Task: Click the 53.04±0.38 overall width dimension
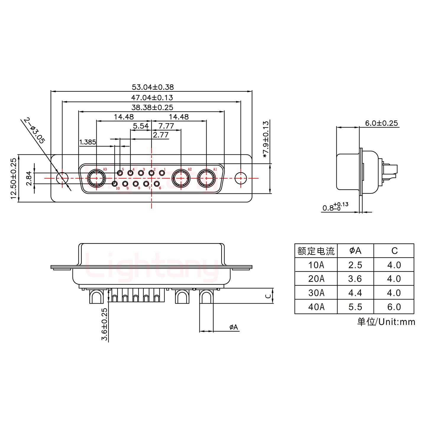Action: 153,87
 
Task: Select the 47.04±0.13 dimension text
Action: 152,98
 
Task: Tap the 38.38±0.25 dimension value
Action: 152,107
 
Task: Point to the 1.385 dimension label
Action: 88,142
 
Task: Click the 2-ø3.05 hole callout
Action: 34,130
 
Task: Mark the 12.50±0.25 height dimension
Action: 14,178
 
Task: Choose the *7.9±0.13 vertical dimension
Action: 266,139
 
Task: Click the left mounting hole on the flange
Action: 62,178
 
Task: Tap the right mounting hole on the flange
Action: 241,178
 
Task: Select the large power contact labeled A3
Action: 96,178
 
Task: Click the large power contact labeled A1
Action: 206,178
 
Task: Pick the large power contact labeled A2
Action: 181,178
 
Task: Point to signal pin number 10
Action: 115,184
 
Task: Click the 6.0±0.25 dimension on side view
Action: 381,123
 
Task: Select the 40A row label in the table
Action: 316,307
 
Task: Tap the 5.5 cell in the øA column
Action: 355,307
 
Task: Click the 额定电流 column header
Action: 316,251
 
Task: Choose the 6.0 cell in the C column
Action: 394,307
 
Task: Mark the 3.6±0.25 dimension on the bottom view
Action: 104,324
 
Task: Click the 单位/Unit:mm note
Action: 386,322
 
